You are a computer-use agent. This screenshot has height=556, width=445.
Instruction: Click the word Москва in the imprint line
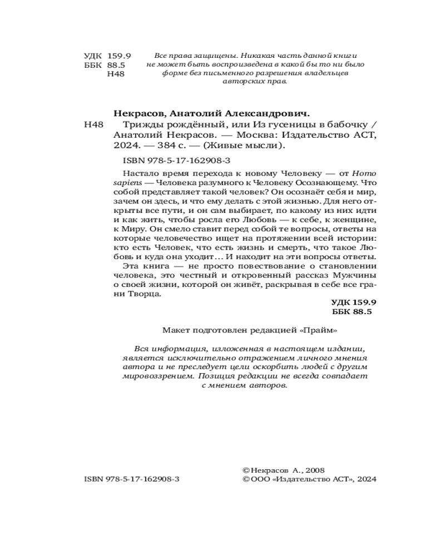[251, 136]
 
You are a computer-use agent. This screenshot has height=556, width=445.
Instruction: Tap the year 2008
[313, 470]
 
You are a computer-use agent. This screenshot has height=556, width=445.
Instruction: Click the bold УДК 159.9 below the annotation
[354, 303]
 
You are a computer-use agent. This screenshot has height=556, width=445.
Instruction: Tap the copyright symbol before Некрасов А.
[246, 470]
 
